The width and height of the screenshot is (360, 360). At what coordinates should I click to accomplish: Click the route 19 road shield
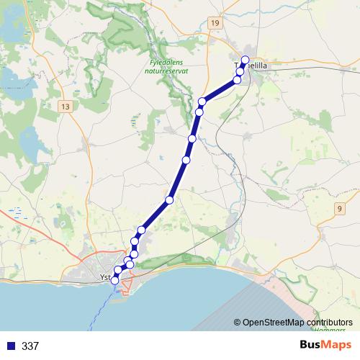click(215, 24)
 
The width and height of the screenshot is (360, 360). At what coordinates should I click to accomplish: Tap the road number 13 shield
click(66, 106)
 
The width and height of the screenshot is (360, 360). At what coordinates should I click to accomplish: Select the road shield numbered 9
click(339, 209)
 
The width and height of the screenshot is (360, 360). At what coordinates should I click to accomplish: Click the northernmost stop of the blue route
click(245, 60)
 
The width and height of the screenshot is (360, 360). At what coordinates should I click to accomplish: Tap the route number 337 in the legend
click(30, 346)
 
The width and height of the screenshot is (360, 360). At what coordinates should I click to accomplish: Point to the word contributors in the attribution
click(330, 323)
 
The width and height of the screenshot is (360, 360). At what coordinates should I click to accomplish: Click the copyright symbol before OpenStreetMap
click(237, 323)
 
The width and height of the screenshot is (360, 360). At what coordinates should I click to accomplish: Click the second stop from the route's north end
click(240, 71)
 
